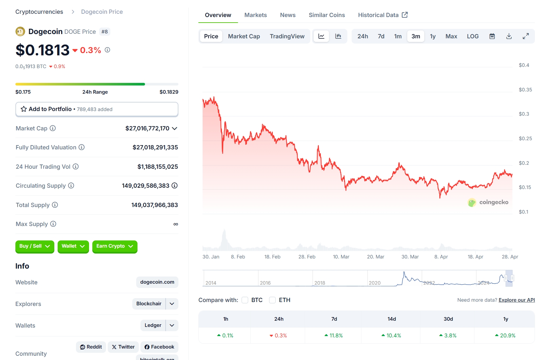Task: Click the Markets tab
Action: coord(255,15)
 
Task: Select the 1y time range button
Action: coord(432,36)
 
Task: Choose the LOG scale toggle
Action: coord(472,36)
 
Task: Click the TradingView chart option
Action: coord(287,36)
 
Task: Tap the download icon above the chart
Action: coord(509,36)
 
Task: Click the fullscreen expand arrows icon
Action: coord(525,36)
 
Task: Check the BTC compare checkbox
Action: coord(245,300)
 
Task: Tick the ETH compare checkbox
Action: coord(272,300)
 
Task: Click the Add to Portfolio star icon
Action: coord(24,109)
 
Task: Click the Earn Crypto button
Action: coord(115,246)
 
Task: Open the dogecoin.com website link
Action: coord(157,282)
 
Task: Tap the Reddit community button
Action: coord(91,347)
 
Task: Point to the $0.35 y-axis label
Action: coord(525,90)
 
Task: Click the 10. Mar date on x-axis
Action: coord(341,257)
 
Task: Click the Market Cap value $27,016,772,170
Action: coord(147,128)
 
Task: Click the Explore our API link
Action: coord(517,300)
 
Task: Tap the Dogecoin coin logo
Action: coord(20,31)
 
